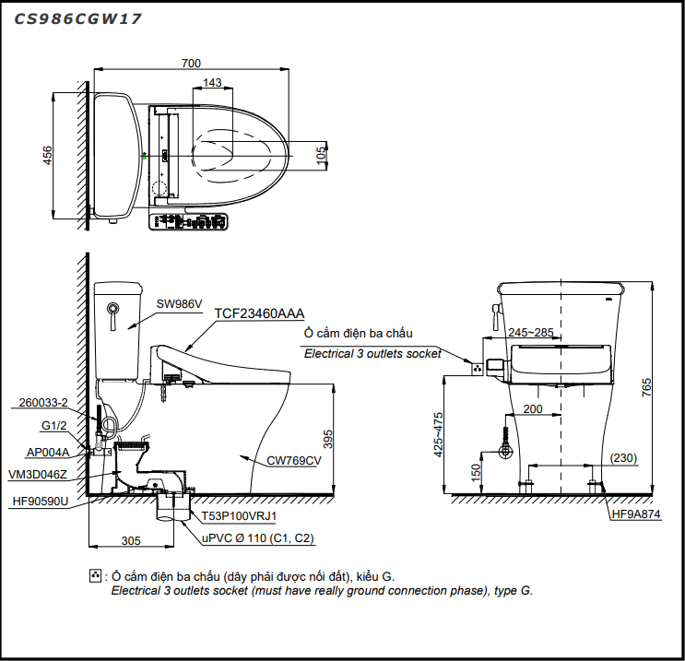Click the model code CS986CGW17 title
click(x=77, y=18)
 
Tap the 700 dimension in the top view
click(x=191, y=64)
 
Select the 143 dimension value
click(x=212, y=83)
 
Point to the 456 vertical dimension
click(x=47, y=156)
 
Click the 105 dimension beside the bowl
click(x=321, y=155)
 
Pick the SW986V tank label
click(x=179, y=303)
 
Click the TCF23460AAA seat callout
click(x=259, y=313)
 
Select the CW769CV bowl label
click(x=293, y=460)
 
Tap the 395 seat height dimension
click(x=327, y=439)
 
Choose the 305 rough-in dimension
click(x=131, y=540)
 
